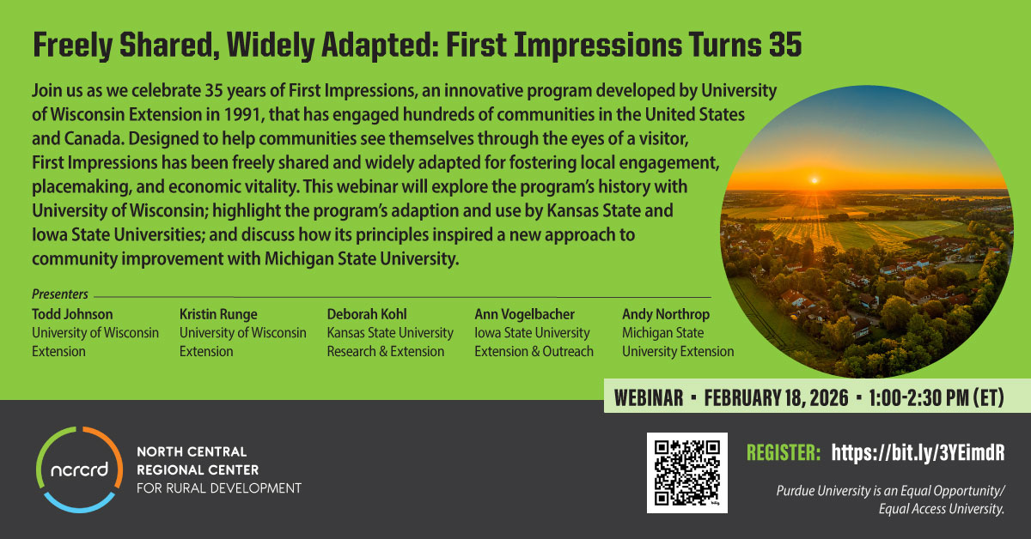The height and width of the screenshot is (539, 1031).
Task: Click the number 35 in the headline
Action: pyautogui.click(x=784, y=45)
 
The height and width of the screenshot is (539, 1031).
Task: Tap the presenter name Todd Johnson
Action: pyautogui.click(x=72, y=314)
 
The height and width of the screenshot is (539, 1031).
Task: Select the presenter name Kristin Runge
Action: pyautogui.click(x=218, y=314)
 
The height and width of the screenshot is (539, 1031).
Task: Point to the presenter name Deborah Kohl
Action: pyautogui.click(x=367, y=314)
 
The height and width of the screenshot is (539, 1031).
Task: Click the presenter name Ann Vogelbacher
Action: pyautogui.click(x=525, y=314)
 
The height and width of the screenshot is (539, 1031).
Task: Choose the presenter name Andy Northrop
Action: pyautogui.click(x=666, y=314)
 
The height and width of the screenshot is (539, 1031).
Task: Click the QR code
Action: pyautogui.click(x=687, y=473)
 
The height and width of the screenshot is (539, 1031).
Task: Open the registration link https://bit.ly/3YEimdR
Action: pyautogui.click(x=918, y=452)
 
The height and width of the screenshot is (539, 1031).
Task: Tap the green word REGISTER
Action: pyautogui.click(x=784, y=452)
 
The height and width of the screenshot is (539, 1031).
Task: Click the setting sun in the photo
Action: pyautogui.click(x=814, y=180)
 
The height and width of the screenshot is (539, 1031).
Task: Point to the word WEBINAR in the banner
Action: pyautogui.click(x=649, y=397)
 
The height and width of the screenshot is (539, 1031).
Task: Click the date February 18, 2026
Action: pyautogui.click(x=776, y=397)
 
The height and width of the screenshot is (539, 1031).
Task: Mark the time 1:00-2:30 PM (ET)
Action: pyautogui.click(x=936, y=397)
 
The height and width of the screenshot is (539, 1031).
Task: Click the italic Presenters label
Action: pyautogui.click(x=60, y=294)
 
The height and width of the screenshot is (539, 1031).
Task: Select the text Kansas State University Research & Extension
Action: pyautogui.click(x=390, y=342)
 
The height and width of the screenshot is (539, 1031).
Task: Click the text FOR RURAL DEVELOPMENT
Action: pyautogui.click(x=219, y=488)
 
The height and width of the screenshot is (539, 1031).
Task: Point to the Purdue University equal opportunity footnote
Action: pyautogui.click(x=890, y=500)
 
